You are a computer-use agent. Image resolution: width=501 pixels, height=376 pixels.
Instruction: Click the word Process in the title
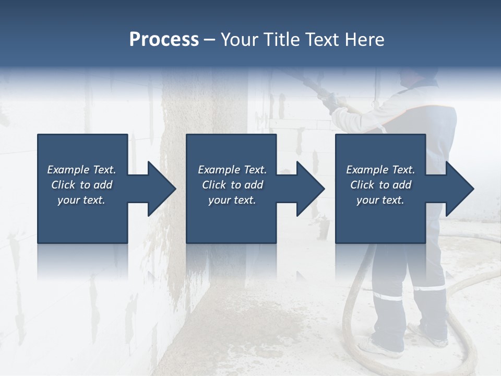[164, 40]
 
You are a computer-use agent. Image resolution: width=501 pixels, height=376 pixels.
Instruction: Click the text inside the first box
[81, 185]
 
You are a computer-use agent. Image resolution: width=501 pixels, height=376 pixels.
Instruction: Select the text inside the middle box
[232, 185]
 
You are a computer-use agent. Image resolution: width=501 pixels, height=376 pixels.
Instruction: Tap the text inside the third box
[380, 185]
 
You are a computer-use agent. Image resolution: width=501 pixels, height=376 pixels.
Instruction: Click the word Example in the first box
[68, 170]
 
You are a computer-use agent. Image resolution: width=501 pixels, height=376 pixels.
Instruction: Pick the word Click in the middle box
[213, 185]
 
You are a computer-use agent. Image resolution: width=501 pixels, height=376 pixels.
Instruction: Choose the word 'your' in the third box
[367, 200]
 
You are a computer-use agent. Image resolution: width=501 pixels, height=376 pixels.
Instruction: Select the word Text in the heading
[321, 40]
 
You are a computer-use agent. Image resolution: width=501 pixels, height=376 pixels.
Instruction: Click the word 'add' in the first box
[103, 185]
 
